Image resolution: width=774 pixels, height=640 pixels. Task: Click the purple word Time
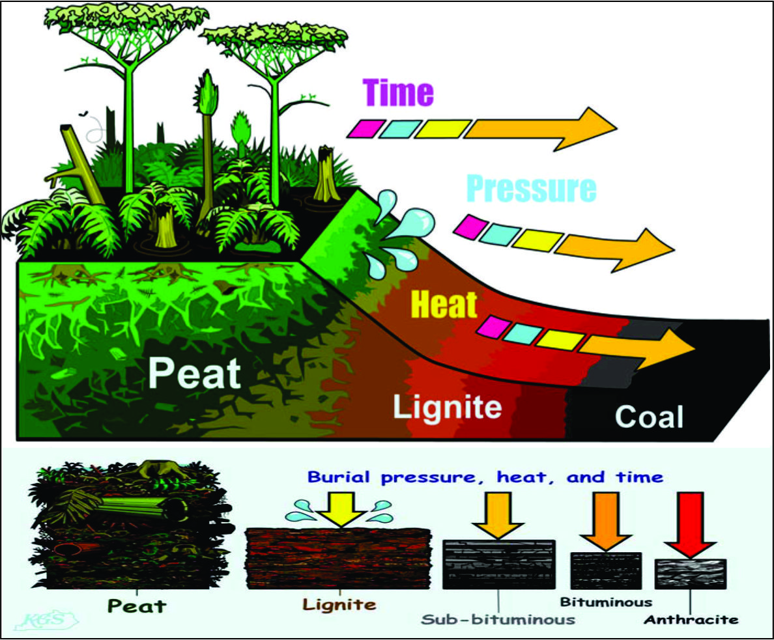397,92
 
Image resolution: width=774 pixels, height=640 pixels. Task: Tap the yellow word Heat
445,303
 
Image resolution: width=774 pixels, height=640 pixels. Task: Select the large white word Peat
193,374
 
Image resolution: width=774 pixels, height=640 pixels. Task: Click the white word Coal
649,417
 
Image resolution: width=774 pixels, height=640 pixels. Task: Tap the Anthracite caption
691,620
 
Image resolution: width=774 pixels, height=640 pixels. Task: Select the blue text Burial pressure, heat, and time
485,477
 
